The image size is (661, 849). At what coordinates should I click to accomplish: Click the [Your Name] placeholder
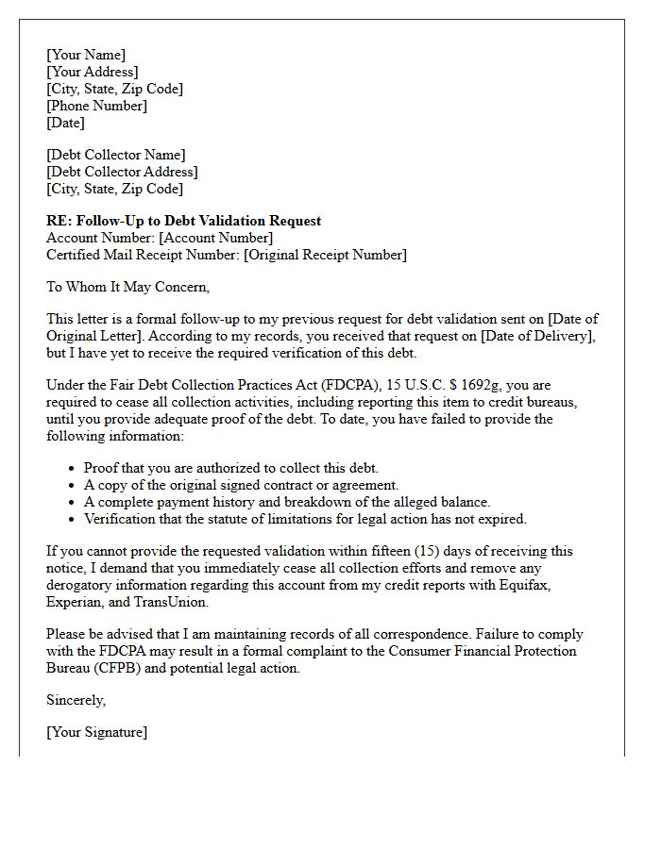point(86,55)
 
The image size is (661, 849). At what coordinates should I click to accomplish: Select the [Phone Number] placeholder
point(96,106)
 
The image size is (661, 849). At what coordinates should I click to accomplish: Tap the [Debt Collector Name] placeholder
point(116,155)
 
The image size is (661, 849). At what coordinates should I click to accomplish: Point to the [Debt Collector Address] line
point(122,172)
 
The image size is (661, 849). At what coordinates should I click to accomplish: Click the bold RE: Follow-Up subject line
point(183,221)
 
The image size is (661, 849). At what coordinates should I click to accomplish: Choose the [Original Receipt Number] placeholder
point(325,255)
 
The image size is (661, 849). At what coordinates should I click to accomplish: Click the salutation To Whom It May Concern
point(127,287)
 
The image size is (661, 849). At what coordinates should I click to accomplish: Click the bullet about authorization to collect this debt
point(230,468)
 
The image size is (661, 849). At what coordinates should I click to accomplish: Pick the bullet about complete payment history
point(287,502)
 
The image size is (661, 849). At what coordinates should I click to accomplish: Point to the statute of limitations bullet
point(305,519)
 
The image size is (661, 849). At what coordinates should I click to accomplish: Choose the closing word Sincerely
point(76,700)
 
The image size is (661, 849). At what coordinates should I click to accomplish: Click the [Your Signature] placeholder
point(96,732)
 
